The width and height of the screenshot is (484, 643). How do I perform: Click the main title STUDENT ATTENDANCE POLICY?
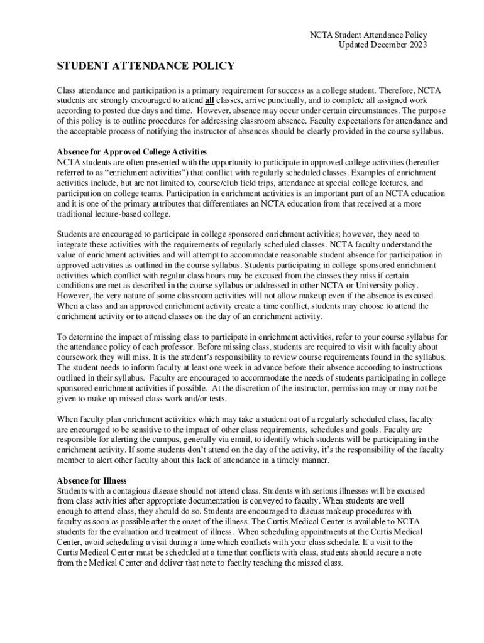(146, 66)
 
